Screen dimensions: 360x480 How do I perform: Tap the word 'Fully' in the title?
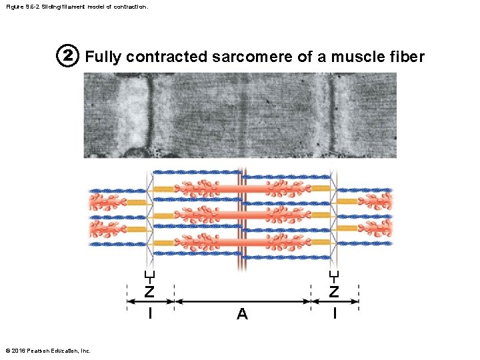tap(103, 57)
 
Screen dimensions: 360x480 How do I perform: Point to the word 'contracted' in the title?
tap(167, 57)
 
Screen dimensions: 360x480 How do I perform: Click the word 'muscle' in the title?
tap(349, 57)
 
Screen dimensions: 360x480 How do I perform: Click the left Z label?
tap(150, 291)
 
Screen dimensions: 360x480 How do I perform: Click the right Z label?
tap(334, 291)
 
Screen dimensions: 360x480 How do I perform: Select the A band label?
tap(242, 314)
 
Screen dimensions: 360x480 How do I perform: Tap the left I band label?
tap(150, 312)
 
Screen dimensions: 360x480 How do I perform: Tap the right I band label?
tap(335, 312)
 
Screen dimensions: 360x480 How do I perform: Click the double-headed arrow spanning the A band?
tap(242, 301)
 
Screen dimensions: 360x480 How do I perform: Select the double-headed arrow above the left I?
tap(150, 301)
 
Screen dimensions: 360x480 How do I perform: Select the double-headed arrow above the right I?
tap(335, 301)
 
